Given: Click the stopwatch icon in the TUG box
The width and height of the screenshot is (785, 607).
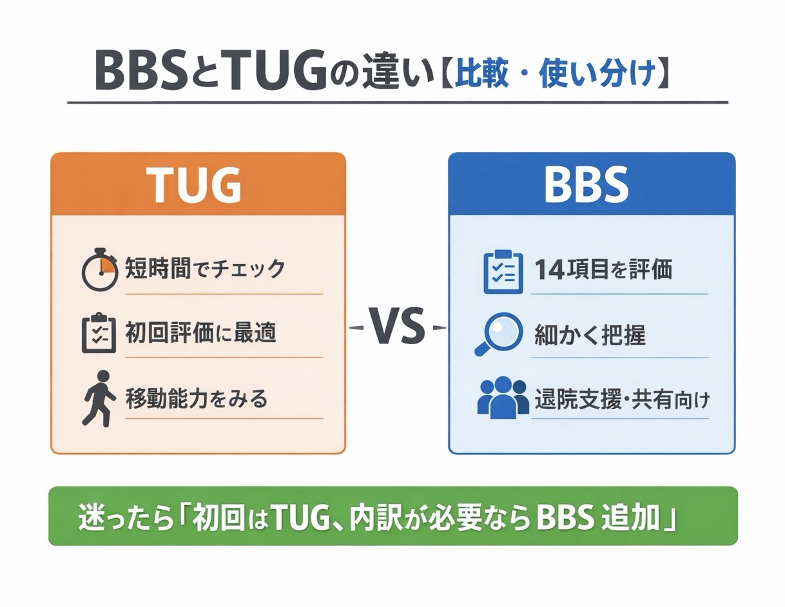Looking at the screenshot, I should tap(100, 269).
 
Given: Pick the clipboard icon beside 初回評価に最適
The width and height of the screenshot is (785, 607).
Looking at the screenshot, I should tap(99, 333).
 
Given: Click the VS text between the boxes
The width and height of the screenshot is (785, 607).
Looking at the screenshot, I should tap(396, 327).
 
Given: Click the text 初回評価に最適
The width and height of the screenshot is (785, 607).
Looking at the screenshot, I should tap(200, 333).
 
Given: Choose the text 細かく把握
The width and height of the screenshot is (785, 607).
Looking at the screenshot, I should tap(589, 335).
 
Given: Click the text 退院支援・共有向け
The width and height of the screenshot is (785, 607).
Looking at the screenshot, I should tap(622, 400).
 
